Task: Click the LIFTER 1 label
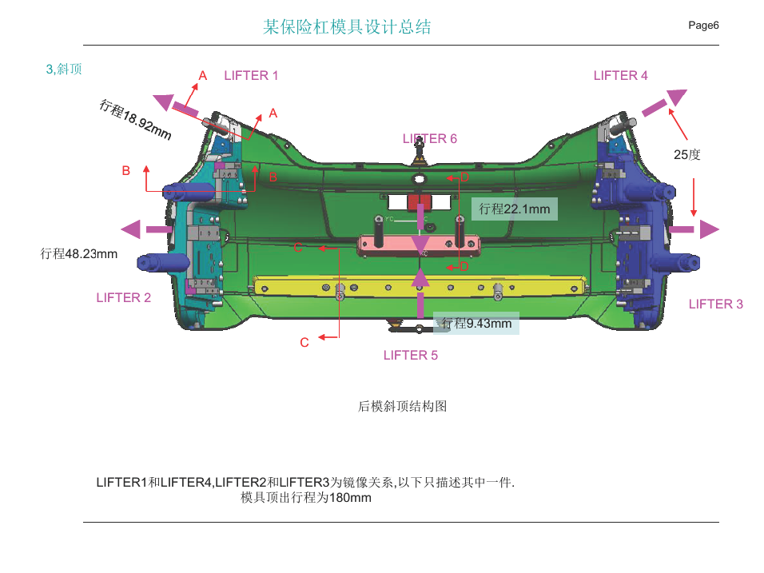tap(251, 76)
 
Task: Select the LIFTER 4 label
tap(620, 76)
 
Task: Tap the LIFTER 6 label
tap(430, 139)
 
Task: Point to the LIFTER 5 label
tap(411, 356)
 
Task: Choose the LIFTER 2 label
tap(123, 298)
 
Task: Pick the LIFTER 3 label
tap(715, 304)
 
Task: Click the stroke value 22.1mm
tap(515, 209)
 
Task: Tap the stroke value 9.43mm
tap(476, 324)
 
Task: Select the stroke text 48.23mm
tap(79, 254)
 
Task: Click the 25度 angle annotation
tap(686, 155)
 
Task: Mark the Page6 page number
tap(703, 26)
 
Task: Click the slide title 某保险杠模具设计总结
tap(347, 27)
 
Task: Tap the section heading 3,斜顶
tap(64, 70)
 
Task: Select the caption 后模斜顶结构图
tap(402, 407)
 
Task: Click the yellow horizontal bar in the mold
tap(420, 284)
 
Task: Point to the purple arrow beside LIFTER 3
tap(694, 230)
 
